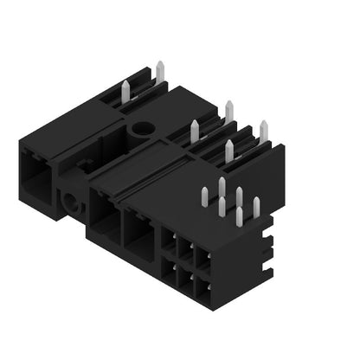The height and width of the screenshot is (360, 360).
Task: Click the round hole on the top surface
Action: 140,130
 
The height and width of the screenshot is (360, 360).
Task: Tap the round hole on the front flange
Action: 69,203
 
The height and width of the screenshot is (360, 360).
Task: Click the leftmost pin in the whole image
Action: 125,89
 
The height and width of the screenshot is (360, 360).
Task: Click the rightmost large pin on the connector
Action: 263,131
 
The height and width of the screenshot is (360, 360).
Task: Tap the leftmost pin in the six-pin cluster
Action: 205,196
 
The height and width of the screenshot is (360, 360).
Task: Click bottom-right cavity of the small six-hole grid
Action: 202,286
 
